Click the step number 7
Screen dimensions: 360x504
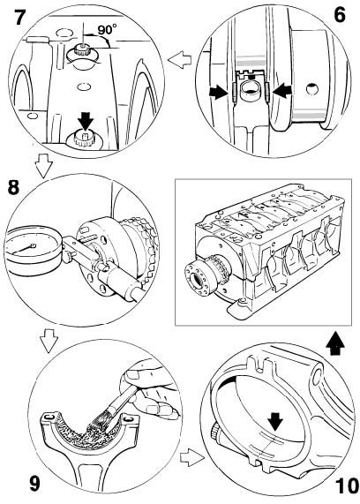tap(19, 17)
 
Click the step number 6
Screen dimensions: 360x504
tap(340, 15)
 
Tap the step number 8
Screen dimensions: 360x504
tap(13, 187)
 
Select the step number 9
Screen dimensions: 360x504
tap(34, 484)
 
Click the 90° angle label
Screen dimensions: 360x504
tap(107, 30)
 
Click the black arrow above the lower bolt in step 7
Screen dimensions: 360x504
tap(86, 123)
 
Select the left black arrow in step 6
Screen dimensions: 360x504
tap(217, 93)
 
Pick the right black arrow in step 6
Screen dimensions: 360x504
tap(283, 91)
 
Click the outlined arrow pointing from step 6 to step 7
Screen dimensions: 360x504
tap(179, 60)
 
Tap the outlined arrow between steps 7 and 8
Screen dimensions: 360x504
tap(43, 166)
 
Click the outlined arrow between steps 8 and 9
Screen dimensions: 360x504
tap(49, 341)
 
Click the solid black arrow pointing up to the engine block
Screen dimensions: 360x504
tap(334, 343)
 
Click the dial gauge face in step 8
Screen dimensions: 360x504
tap(31, 247)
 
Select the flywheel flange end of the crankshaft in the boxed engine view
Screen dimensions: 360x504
tap(196, 277)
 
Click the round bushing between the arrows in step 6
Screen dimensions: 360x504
tap(251, 89)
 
